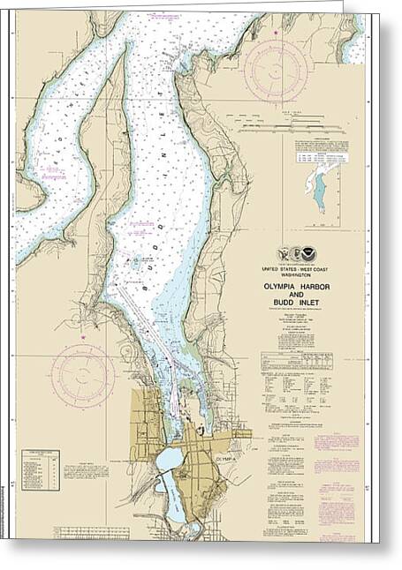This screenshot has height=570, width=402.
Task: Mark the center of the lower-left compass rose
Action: pyautogui.click(x=82, y=373)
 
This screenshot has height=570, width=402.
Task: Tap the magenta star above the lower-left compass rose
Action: pyautogui.click(x=82, y=336)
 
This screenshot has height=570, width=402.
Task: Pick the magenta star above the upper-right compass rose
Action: pyautogui.click(x=275, y=33)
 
